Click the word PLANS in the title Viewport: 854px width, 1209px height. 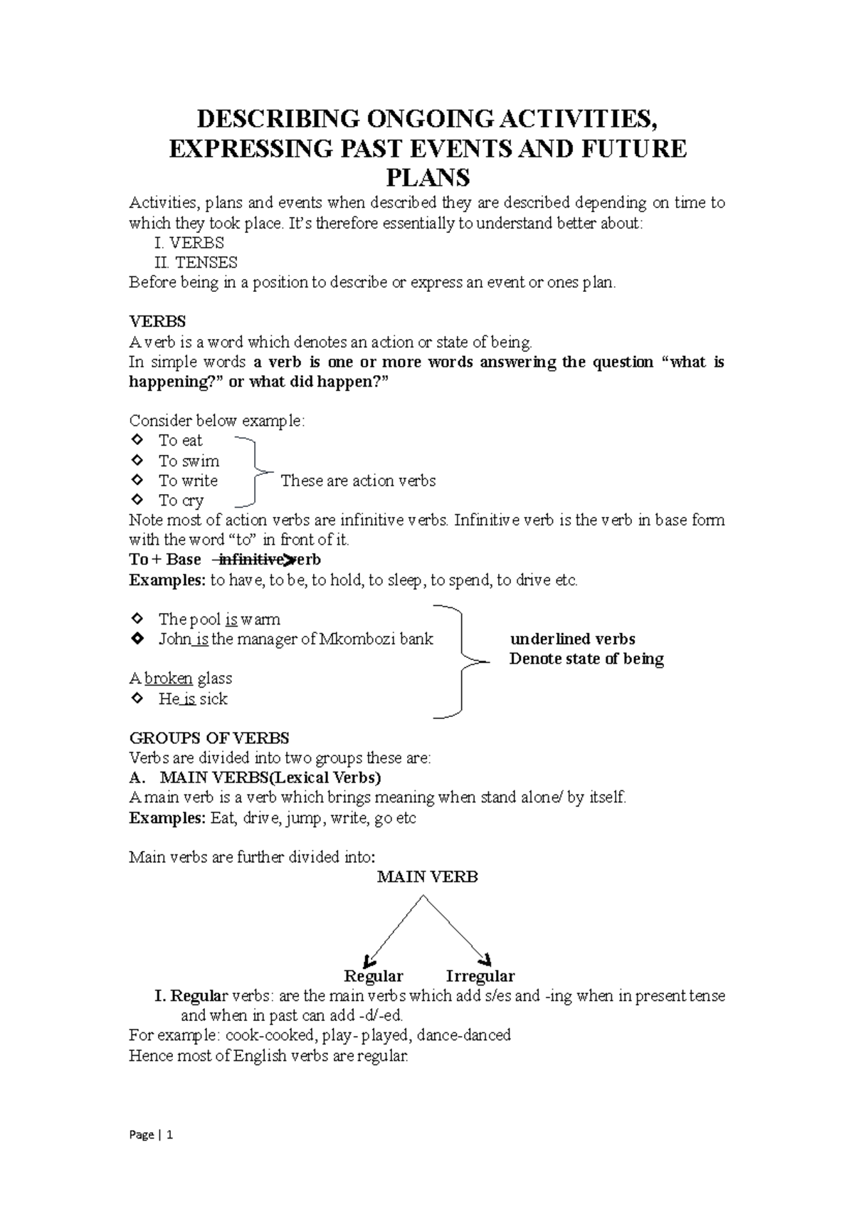(x=427, y=177)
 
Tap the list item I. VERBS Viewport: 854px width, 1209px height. (x=189, y=243)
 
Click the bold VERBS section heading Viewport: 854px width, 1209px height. (x=157, y=322)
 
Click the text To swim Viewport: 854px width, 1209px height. (x=189, y=461)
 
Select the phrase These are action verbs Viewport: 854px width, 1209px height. (x=358, y=481)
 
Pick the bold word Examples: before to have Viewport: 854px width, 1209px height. (x=167, y=580)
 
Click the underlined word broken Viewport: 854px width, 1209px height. (x=169, y=679)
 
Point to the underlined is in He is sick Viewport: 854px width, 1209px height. (x=189, y=699)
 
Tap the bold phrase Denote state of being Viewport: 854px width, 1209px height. (x=586, y=659)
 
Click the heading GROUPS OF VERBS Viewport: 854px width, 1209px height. (x=209, y=738)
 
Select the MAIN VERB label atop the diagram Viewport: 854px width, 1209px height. (x=427, y=877)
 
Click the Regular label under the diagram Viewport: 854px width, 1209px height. (x=373, y=976)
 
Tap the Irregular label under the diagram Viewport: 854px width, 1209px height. (x=480, y=976)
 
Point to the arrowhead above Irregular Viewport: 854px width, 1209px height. (x=487, y=958)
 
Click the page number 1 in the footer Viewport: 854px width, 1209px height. (x=170, y=1135)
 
